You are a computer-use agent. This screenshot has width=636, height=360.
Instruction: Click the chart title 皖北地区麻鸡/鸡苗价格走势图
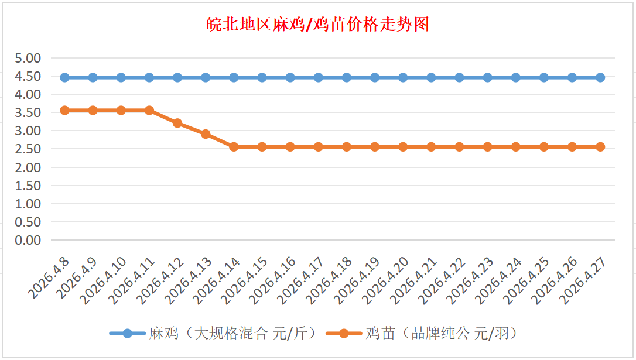point(318,25)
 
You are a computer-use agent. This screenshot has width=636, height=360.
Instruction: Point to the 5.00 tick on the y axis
point(28,58)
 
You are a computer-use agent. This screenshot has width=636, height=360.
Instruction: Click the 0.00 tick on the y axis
point(28,240)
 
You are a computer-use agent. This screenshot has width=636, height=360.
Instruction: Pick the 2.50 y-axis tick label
point(28,149)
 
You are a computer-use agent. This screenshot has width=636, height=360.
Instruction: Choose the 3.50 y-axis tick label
point(28,112)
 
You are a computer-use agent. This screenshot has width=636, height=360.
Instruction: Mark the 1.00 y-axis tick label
point(28,204)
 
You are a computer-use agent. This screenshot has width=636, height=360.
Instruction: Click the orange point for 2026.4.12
point(177,123)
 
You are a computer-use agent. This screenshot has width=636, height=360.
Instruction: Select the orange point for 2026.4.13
point(206,134)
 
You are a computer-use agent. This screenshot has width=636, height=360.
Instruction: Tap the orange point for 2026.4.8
point(64,110)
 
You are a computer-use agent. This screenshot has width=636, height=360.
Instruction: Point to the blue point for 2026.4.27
point(600,77)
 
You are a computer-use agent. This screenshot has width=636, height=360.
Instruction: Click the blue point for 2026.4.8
point(64,77)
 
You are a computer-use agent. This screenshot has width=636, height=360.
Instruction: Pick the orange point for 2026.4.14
point(234,147)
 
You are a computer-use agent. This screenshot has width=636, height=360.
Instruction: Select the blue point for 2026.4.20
point(403,77)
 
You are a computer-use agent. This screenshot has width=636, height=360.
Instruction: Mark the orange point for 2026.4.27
point(600,147)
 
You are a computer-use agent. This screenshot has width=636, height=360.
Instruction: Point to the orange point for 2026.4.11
point(149,110)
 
